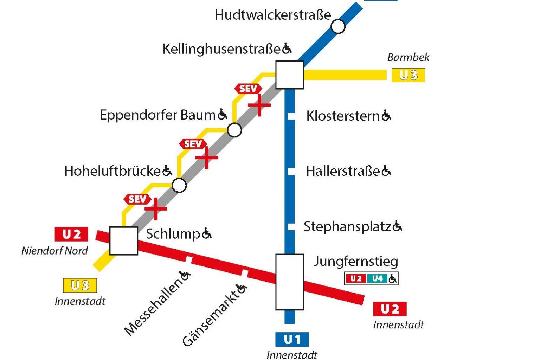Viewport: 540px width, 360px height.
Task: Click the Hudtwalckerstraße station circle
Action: [x=338, y=26]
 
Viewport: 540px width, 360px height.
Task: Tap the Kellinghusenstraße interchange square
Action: [x=289, y=75]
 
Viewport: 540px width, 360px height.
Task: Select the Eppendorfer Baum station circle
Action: [x=234, y=130]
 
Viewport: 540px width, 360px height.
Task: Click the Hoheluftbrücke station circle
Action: [x=179, y=185]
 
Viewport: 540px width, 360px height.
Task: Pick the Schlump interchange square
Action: [x=123, y=241]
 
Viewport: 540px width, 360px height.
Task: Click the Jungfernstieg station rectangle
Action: [x=289, y=282]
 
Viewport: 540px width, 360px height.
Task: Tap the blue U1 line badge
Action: [x=292, y=339]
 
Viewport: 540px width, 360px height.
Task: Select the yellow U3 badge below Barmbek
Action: [x=408, y=75]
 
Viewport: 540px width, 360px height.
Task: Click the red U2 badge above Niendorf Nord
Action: [x=71, y=234]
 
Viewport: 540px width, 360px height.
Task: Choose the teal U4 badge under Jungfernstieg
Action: [x=377, y=279]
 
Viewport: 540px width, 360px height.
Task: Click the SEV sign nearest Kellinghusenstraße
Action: [x=248, y=89]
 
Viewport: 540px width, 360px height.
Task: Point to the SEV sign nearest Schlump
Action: [x=137, y=199]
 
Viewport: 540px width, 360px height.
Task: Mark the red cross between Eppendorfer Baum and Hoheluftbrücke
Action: [x=207, y=157]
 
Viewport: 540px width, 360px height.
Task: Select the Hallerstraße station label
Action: [x=343, y=171]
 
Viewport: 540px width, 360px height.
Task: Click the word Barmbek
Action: [x=408, y=57]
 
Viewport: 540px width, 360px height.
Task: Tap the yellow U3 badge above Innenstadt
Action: [x=80, y=285]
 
